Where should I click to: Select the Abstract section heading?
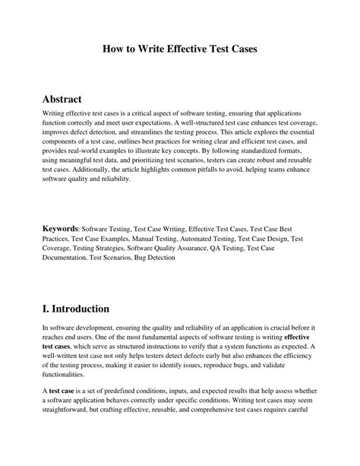[x=68, y=100]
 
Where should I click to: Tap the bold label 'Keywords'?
[x=60, y=228]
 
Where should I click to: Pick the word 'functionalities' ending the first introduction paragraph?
[x=64, y=374]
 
